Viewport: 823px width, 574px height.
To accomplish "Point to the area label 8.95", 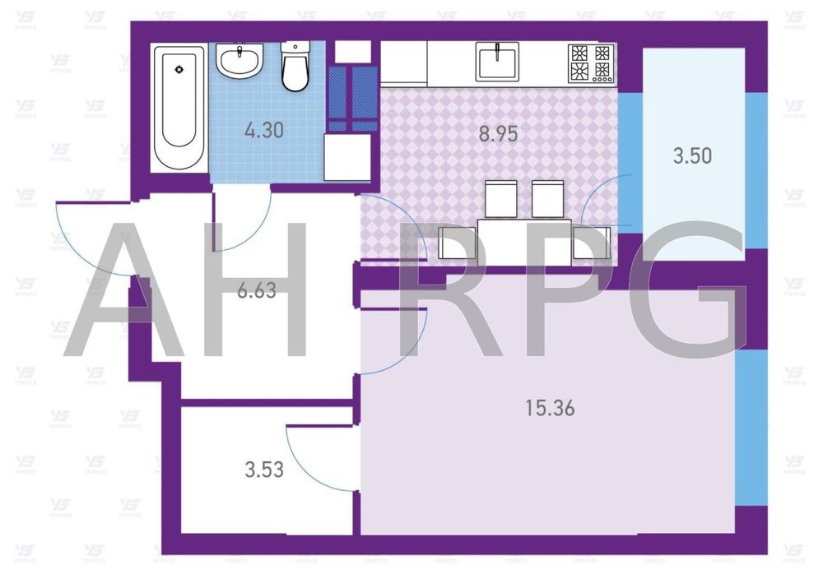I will click(x=498, y=134).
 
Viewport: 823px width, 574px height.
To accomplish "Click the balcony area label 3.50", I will click(x=691, y=155).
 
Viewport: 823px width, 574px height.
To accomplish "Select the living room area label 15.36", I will click(x=549, y=407).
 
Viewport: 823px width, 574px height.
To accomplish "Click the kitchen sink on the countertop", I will click(x=497, y=62).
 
